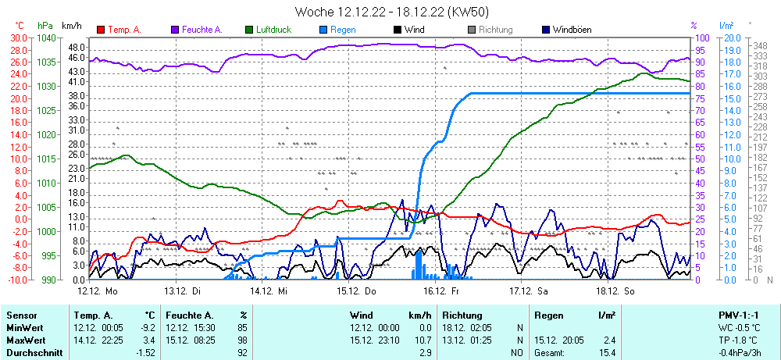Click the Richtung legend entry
(x=495, y=30)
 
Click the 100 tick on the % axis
(x=701, y=37)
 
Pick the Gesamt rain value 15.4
(x=604, y=353)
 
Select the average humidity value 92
(x=242, y=353)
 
